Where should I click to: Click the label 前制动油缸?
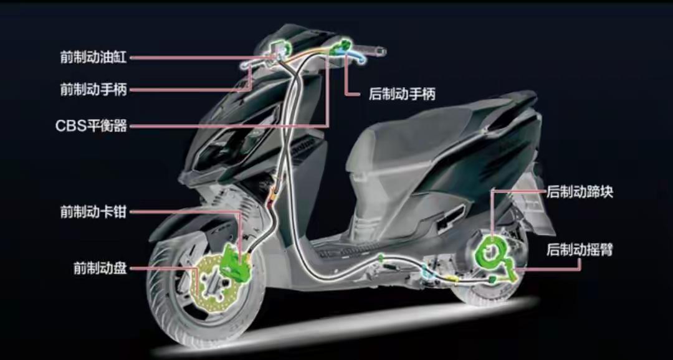93,57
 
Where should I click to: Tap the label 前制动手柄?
93,90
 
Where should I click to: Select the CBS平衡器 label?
91,126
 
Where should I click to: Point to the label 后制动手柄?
402,95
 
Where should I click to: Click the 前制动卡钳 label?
93,212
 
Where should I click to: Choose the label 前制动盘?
100,268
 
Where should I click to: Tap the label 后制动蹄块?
580,192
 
